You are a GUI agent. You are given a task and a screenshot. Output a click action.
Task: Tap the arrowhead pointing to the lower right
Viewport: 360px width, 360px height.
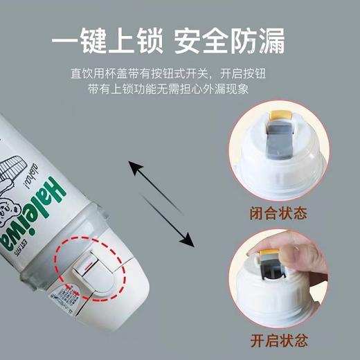click(x=186, y=240)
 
